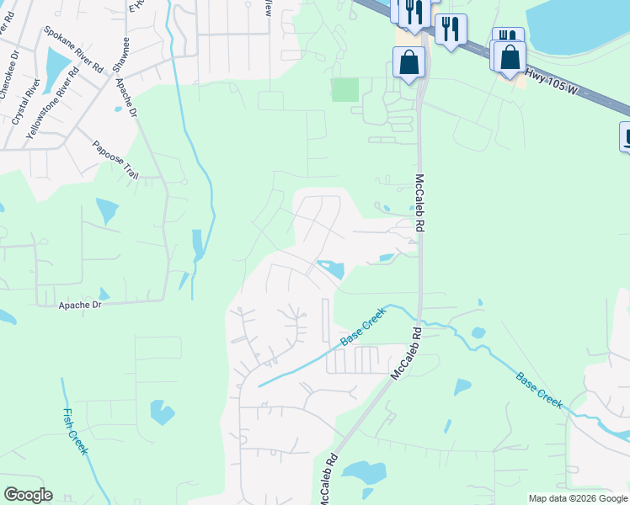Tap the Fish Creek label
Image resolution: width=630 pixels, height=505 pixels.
pyautogui.click(x=76, y=431)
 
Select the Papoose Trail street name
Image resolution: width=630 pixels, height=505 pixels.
pyautogui.click(x=115, y=160)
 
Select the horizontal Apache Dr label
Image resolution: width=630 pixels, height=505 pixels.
pyautogui.click(x=80, y=305)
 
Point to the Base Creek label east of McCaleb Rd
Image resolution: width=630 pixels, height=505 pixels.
pyautogui.click(x=539, y=390)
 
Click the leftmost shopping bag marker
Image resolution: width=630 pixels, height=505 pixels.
pyautogui.click(x=408, y=62)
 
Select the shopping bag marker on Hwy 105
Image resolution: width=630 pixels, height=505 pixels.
pyautogui.click(x=510, y=56)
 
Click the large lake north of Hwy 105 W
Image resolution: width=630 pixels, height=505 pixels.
pyautogui.click(x=581, y=25)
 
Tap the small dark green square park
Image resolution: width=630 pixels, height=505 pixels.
pyautogui.click(x=344, y=89)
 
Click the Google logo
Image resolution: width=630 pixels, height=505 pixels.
pyautogui.click(x=28, y=495)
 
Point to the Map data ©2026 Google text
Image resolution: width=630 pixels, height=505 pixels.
pyautogui.click(x=578, y=498)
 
